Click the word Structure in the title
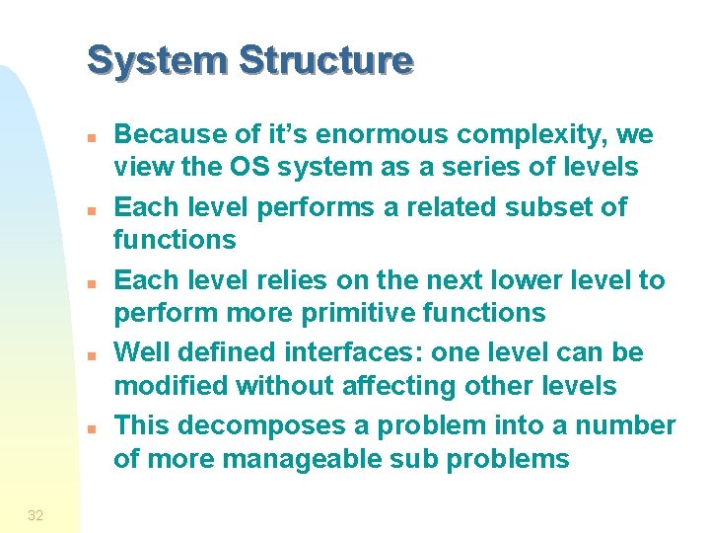[326, 61]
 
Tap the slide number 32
[35, 514]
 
